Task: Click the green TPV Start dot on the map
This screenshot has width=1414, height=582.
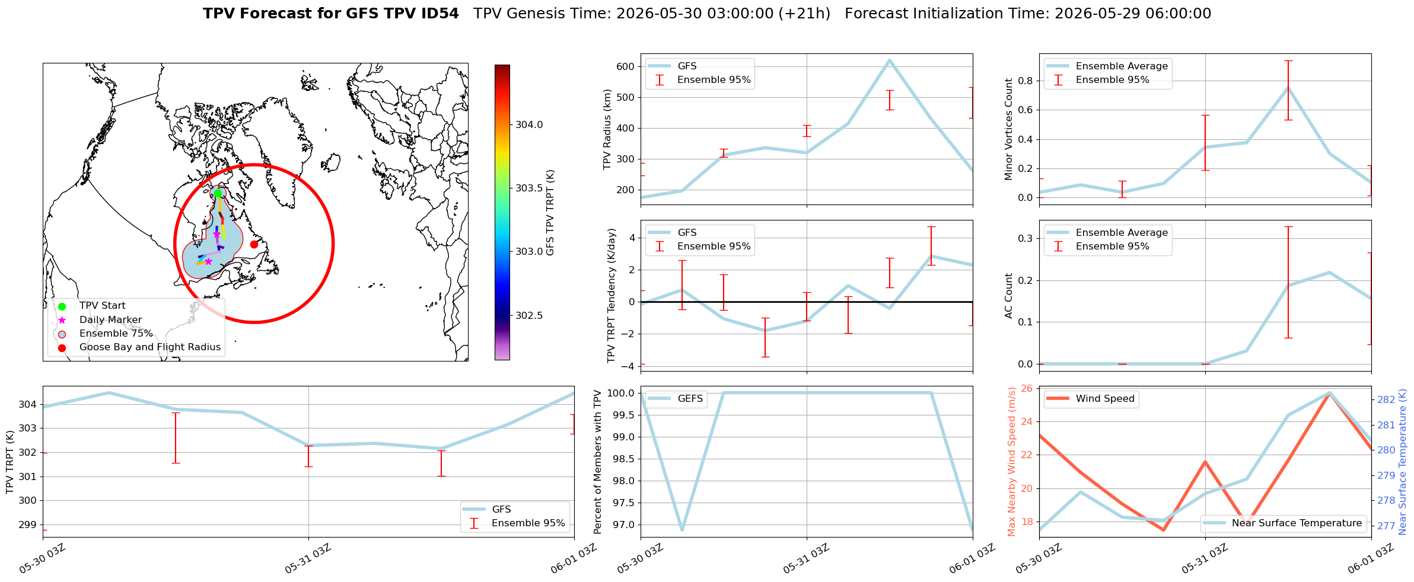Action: click(x=218, y=193)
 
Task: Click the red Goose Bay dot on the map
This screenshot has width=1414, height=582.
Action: click(x=254, y=244)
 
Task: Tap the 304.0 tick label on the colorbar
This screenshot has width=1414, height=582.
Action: click(x=529, y=124)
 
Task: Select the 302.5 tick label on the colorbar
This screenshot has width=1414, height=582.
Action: click(x=529, y=315)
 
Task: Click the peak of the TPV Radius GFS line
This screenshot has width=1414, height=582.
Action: click(x=889, y=60)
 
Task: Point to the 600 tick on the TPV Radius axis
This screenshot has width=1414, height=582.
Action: click(x=626, y=66)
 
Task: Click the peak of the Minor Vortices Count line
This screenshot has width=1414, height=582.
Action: click(x=1288, y=88)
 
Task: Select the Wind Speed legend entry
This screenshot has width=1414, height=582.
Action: click(x=1091, y=399)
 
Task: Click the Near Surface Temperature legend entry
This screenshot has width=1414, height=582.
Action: click(x=1284, y=523)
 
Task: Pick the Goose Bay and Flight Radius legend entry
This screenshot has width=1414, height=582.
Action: click(x=139, y=347)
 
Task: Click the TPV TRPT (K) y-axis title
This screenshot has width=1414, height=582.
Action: click(x=10, y=462)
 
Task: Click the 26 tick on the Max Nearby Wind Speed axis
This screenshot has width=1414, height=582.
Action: click(x=1027, y=389)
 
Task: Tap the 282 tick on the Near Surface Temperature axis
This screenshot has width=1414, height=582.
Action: click(x=1386, y=399)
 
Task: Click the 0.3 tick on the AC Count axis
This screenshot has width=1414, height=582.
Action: click(x=1025, y=238)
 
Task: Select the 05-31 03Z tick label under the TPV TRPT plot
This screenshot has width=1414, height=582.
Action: click(x=307, y=559)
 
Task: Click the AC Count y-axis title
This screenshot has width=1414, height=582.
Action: click(x=1009, y=296)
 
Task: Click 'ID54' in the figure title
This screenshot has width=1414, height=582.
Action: click(x=441, y=14)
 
